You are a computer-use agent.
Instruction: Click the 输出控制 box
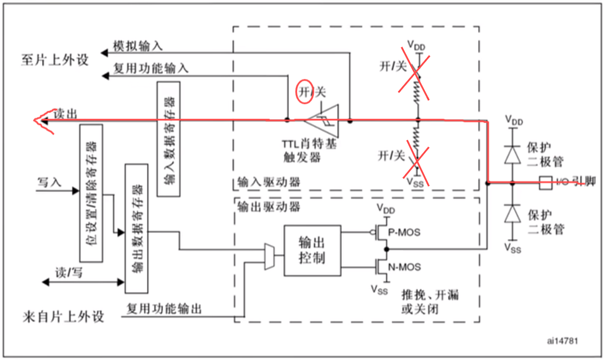click(312, 250)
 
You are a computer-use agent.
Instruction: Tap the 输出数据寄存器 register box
click(136, 228)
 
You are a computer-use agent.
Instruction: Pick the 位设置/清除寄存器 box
click(92, 193)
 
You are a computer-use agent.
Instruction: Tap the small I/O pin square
click(545, 183)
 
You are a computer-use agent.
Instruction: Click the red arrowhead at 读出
click(42, 121)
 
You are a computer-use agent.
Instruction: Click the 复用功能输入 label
click(151, 68)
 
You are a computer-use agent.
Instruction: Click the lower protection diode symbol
click(513, 213)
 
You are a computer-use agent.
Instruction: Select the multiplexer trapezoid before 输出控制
click(269, 256)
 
